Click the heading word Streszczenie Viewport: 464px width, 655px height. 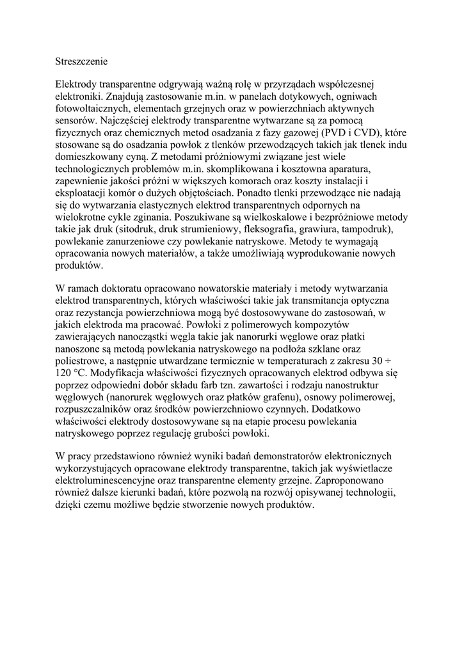coord(82,62)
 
